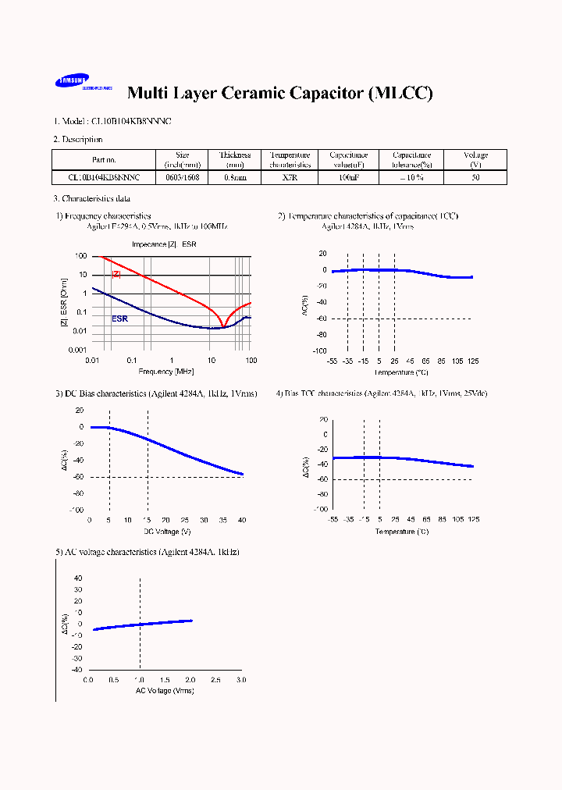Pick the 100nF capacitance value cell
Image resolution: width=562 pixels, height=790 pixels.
point(348,177)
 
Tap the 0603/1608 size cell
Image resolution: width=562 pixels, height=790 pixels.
point(183,177)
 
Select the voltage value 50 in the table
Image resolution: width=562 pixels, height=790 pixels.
point(475,177)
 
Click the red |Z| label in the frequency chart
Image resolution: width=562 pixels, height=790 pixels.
point(116,274)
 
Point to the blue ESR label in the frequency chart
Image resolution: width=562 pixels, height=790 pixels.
point(119,318)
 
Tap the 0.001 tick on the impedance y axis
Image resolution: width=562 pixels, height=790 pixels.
point(76,351)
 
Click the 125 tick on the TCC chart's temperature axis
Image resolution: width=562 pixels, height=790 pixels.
point(472,361)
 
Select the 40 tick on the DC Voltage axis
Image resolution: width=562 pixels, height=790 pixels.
point(242,520)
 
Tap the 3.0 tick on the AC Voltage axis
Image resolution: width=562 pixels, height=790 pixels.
point(240,681)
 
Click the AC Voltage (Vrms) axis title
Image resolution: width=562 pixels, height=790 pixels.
point(165,691)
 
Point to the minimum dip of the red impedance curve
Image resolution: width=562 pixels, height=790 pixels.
point(224,326)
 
